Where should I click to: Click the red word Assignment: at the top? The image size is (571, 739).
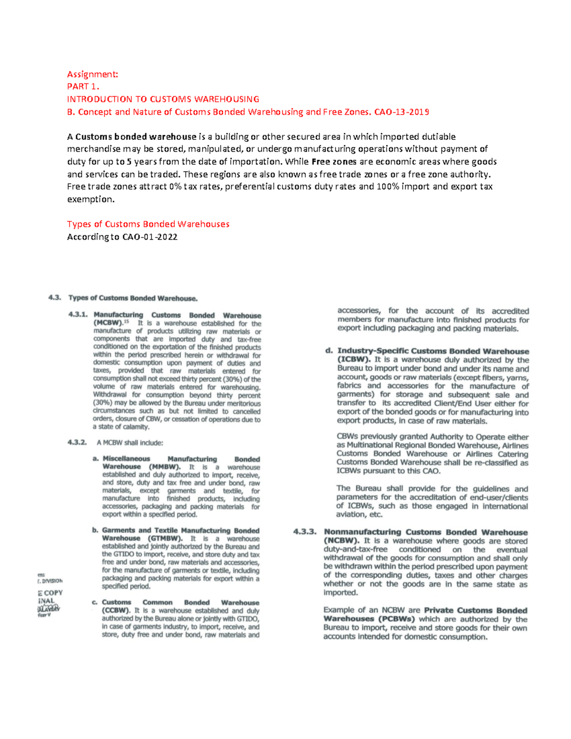click(x=92, y=74)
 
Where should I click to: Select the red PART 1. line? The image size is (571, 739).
click(x=83, y=87)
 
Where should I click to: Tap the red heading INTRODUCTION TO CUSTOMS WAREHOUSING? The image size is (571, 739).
click(x=163, y=99)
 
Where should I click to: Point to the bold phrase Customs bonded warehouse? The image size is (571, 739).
click(x=136, y=137)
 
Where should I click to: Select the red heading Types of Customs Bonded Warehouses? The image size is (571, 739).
click(x=148, y=224)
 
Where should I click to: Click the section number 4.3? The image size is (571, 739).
click(x=55, y=298)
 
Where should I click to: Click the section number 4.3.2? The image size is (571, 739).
click(x=77, y=443)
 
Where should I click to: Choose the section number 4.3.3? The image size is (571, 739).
click(x=305, y=532)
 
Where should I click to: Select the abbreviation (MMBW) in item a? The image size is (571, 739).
click(x=164, y=467)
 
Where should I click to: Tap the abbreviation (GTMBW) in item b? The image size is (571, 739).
click(x=165, y=539)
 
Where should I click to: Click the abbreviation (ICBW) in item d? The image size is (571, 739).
click(x=354, y=360)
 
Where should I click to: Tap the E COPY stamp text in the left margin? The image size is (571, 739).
click(x=50, y=593)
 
